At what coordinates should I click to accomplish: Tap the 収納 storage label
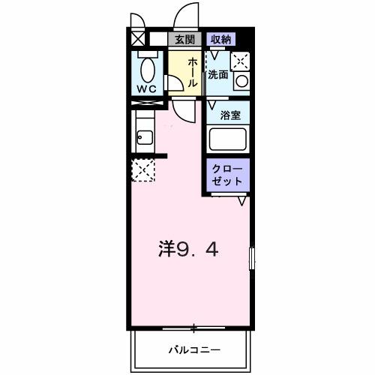tap(220, 38)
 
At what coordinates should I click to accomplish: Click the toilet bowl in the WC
tap(147, 70)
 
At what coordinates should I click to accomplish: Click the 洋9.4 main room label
tap(188, 248)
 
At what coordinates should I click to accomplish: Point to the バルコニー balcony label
tap(193, 349)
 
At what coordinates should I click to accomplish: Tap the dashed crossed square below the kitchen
tap(142, 170)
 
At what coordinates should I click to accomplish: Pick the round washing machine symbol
tap(241, 80)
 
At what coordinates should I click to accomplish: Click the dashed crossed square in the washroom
tap(242, 61)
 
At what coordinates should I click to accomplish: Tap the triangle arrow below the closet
tap(242, 201)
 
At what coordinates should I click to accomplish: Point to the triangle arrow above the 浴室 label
tap(213, 101)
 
